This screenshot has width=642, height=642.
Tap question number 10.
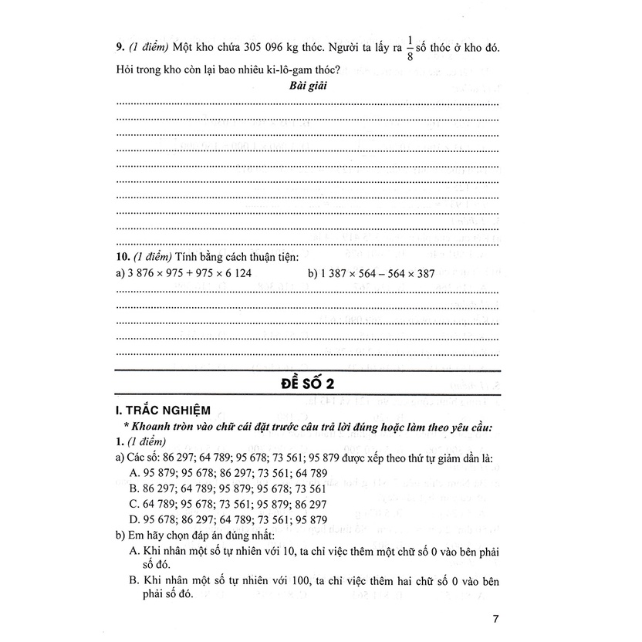click(x=122, y=255)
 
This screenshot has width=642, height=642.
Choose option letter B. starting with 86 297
click(x=135, y=489)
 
